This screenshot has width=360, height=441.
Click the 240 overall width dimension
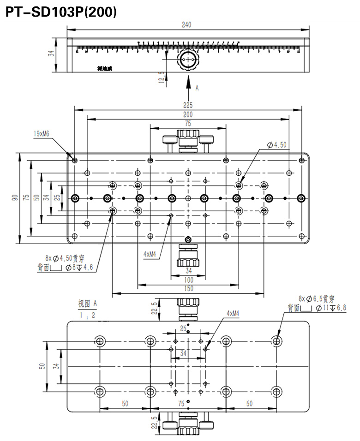187,25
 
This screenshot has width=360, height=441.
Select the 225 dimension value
187,105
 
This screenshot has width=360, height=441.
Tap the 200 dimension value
187,114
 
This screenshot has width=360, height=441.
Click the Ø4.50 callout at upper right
277,145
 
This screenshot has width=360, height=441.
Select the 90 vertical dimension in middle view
15,197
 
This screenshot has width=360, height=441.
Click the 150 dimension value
188,289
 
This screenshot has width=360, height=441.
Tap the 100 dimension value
188,280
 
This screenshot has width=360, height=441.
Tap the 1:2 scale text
87,316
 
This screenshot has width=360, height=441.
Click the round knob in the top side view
188,60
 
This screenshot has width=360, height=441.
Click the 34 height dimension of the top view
52,54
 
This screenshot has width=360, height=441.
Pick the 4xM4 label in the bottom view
233,313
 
